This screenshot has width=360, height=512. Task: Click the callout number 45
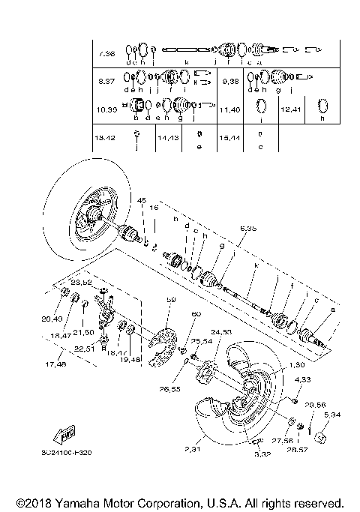tap(141, 200)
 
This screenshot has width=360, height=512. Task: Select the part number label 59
tap(170, 300)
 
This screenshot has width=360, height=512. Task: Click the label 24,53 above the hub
tap(222, 331)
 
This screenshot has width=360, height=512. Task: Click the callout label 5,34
tap(332, 413)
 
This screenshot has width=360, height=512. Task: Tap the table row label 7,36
tap(106, 54)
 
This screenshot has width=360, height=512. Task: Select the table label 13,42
tap(106, 139)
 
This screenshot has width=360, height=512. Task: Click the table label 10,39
tap(106, 109)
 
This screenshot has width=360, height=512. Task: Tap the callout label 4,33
tap(301, 381)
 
